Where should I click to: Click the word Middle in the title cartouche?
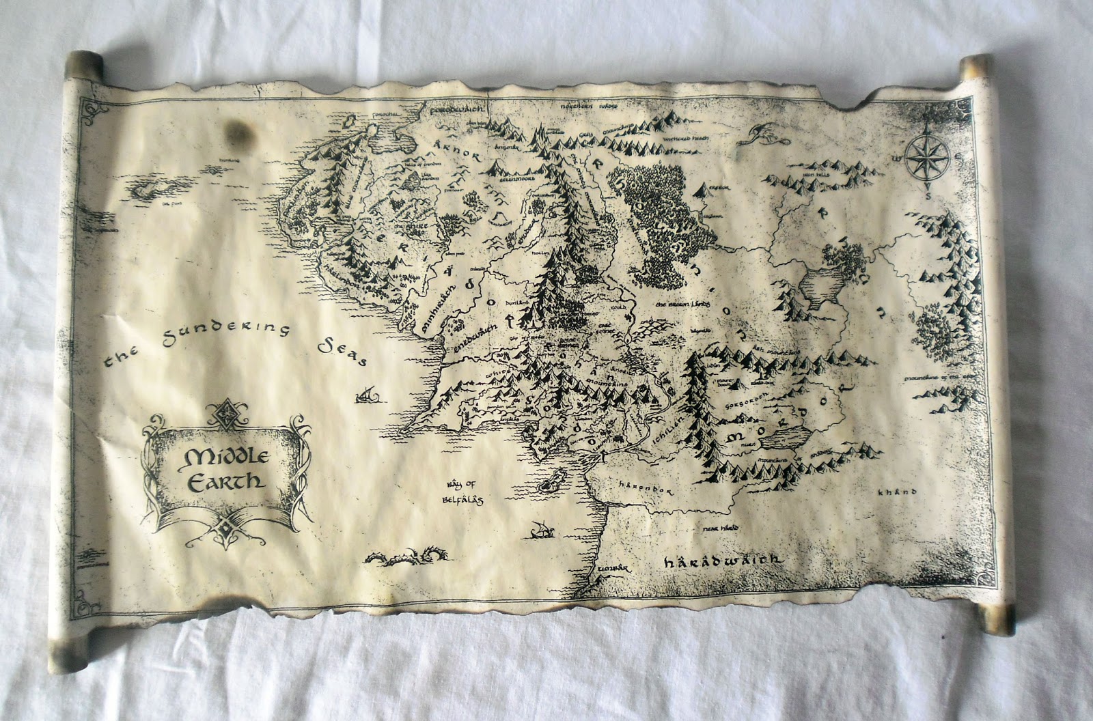(x=214, y=455)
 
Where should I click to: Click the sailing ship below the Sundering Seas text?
(x=367, y=394)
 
